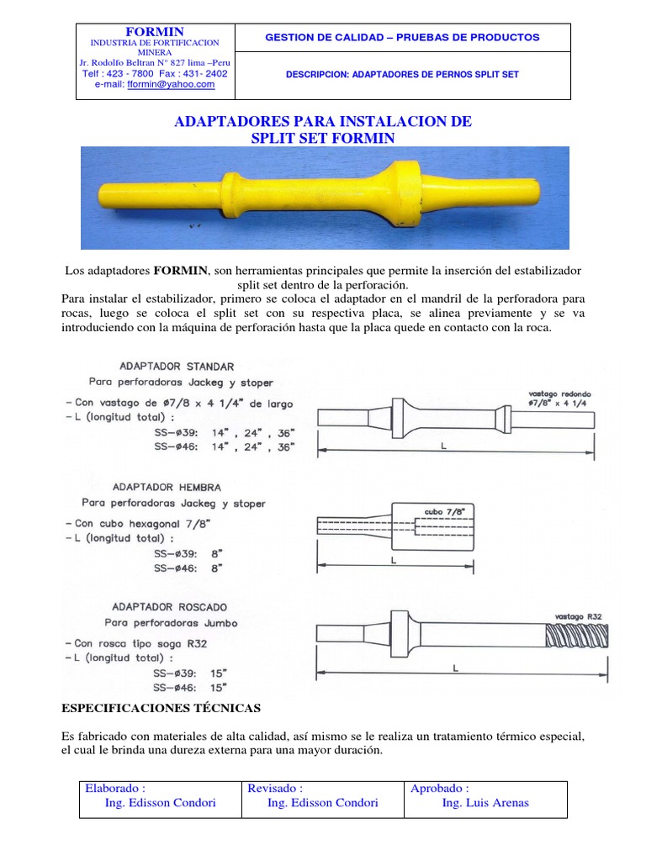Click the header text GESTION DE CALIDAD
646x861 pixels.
(401, 37)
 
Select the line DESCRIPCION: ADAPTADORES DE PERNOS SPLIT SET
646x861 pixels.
(402, 75)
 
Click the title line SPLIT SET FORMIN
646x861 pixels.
(322, 138)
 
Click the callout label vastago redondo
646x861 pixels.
(560, 393)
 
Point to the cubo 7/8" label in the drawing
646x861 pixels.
(443, 510)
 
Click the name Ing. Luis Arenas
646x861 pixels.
(485, 802)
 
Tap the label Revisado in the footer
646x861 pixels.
(275, 788)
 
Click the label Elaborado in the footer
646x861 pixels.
(115, 788)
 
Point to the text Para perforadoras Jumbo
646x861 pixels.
(171, 623)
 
